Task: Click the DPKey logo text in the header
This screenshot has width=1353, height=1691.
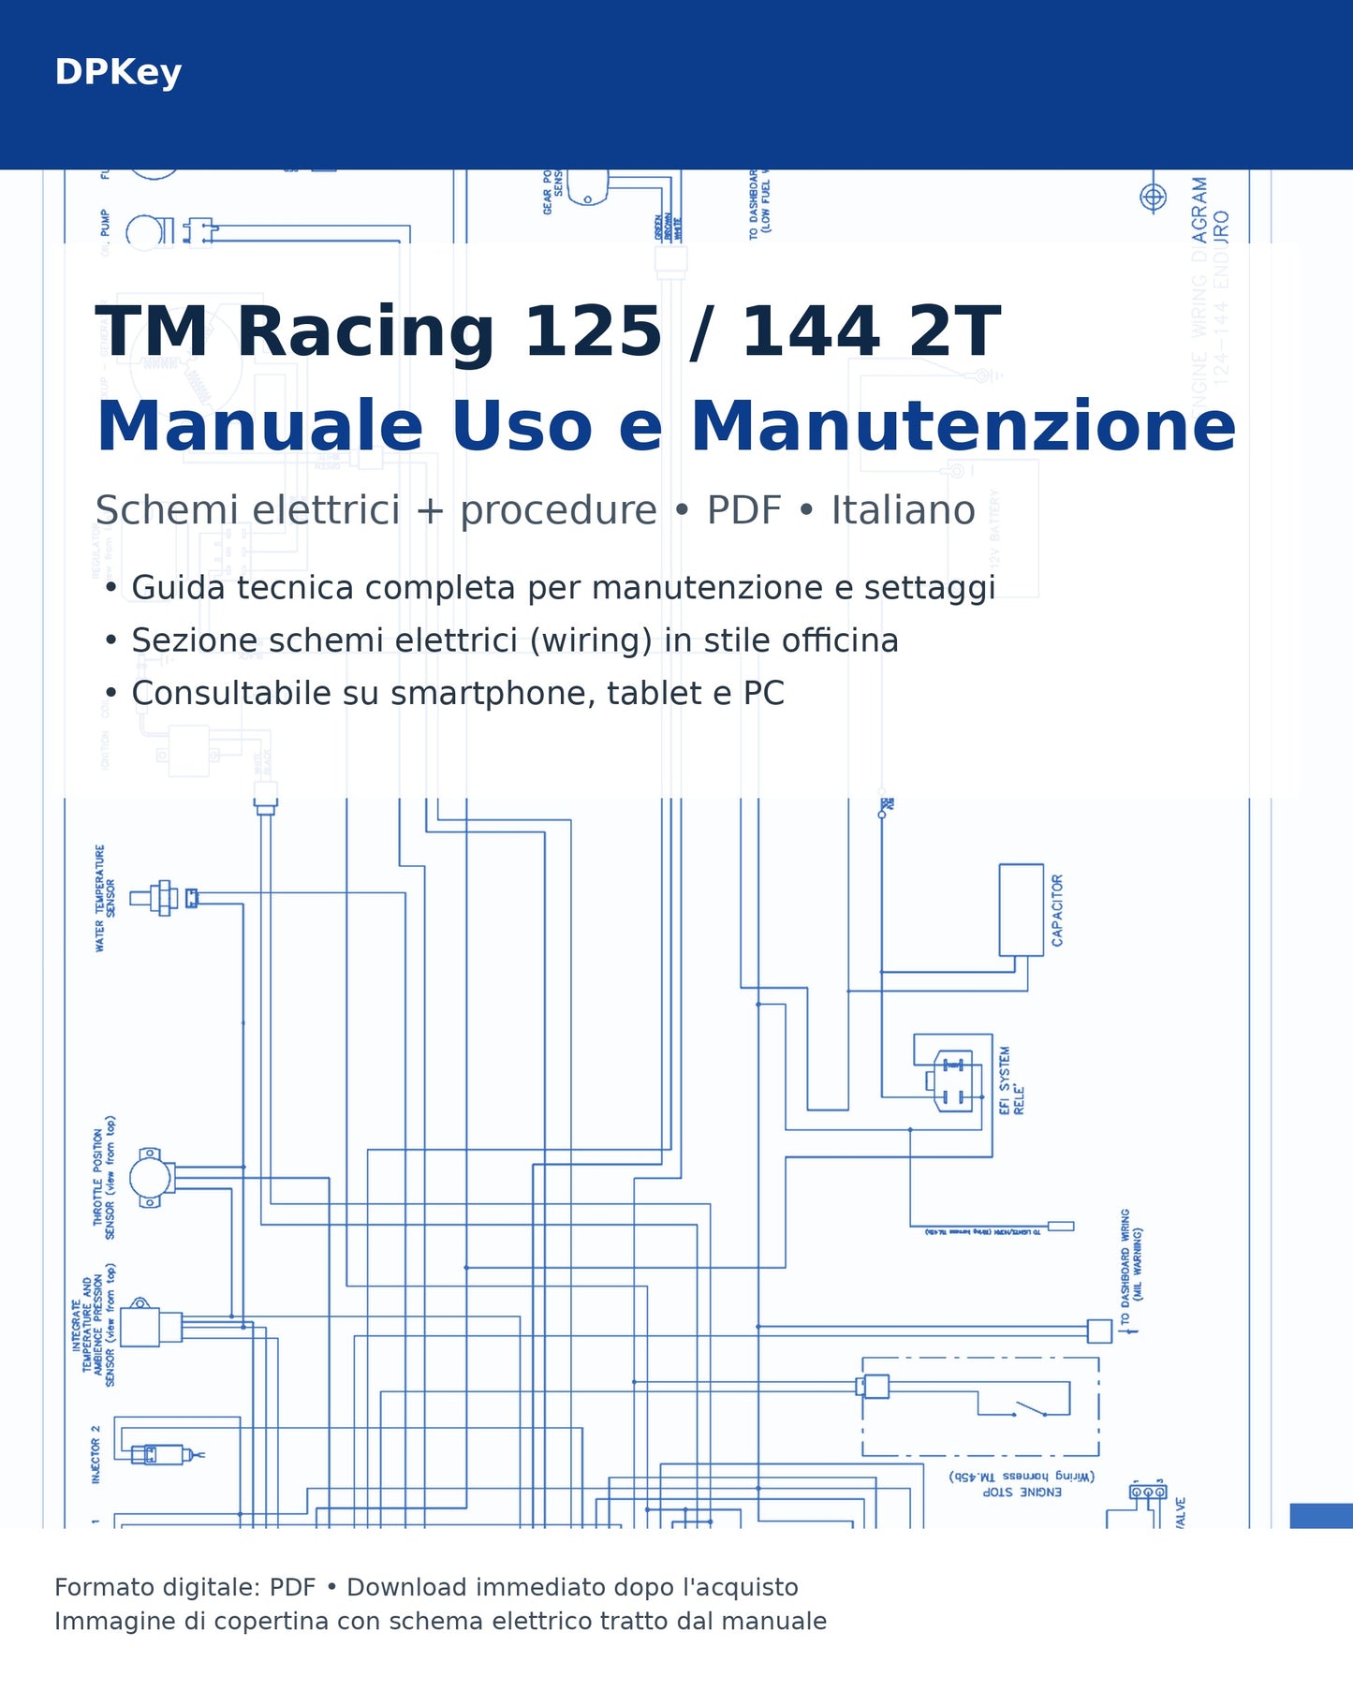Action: [118, 72]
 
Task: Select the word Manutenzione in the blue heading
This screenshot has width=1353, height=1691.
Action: [963, 426]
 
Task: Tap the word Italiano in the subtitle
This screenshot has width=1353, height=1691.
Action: [903, 510]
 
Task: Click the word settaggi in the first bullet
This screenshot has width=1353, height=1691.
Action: [929, 588]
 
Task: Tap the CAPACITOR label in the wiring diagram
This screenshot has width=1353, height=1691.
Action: [1057, 910]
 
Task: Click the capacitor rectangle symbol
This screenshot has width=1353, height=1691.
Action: [1021, 909]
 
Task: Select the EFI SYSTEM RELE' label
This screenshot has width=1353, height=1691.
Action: [1011, 1081]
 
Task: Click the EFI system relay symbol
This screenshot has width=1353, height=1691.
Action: [953, 1081]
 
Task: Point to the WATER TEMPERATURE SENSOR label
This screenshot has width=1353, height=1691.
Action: [104, 898]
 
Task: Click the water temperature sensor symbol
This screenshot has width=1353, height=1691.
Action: [163, 898]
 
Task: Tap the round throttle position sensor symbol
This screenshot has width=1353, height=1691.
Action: [150, 1178]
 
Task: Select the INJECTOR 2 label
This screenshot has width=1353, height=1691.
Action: [96, 1454]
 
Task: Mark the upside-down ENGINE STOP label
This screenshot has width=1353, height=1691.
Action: [1022, 1492]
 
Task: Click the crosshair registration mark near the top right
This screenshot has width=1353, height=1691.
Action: [1153, 198]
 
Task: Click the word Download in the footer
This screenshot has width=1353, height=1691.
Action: [405, 1587]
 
